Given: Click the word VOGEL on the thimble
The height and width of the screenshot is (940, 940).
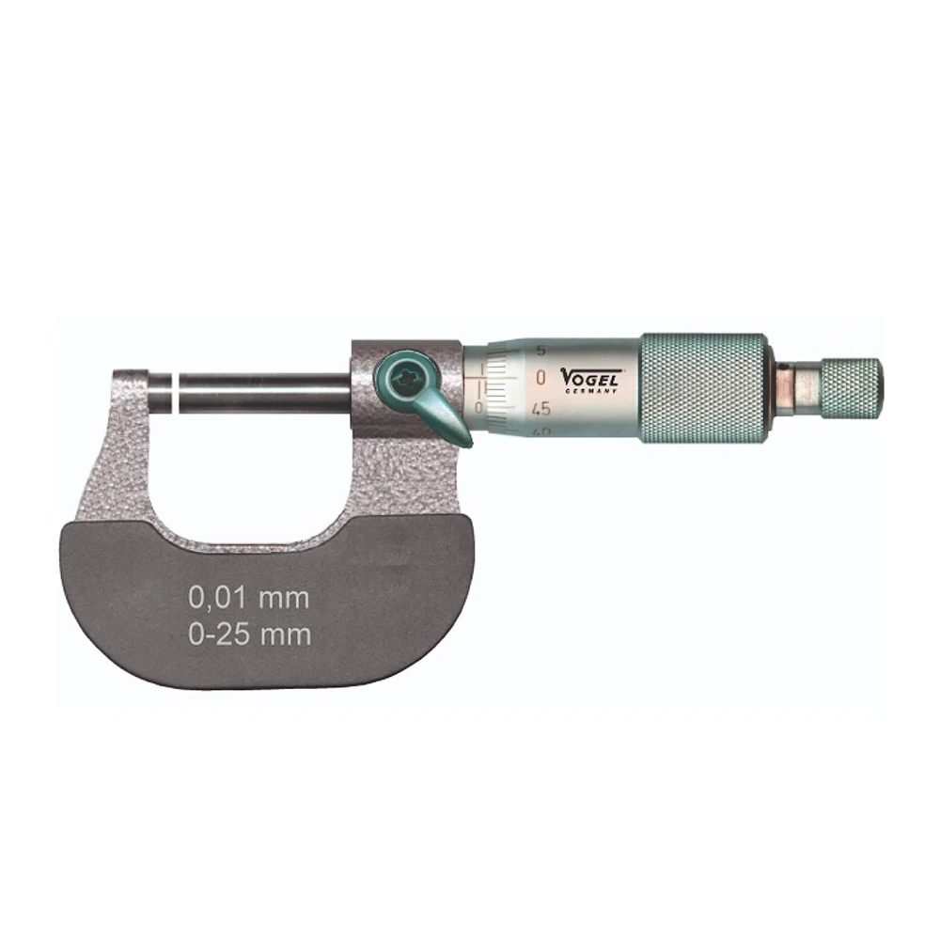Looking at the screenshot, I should [591, 376].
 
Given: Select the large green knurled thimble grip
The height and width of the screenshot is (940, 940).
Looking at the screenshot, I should [705, 386].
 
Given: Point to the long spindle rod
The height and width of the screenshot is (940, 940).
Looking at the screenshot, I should [263, 392].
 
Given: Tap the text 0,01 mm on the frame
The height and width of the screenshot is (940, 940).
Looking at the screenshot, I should [248, 596].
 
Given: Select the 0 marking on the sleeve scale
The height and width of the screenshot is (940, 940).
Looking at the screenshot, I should [478, 406].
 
